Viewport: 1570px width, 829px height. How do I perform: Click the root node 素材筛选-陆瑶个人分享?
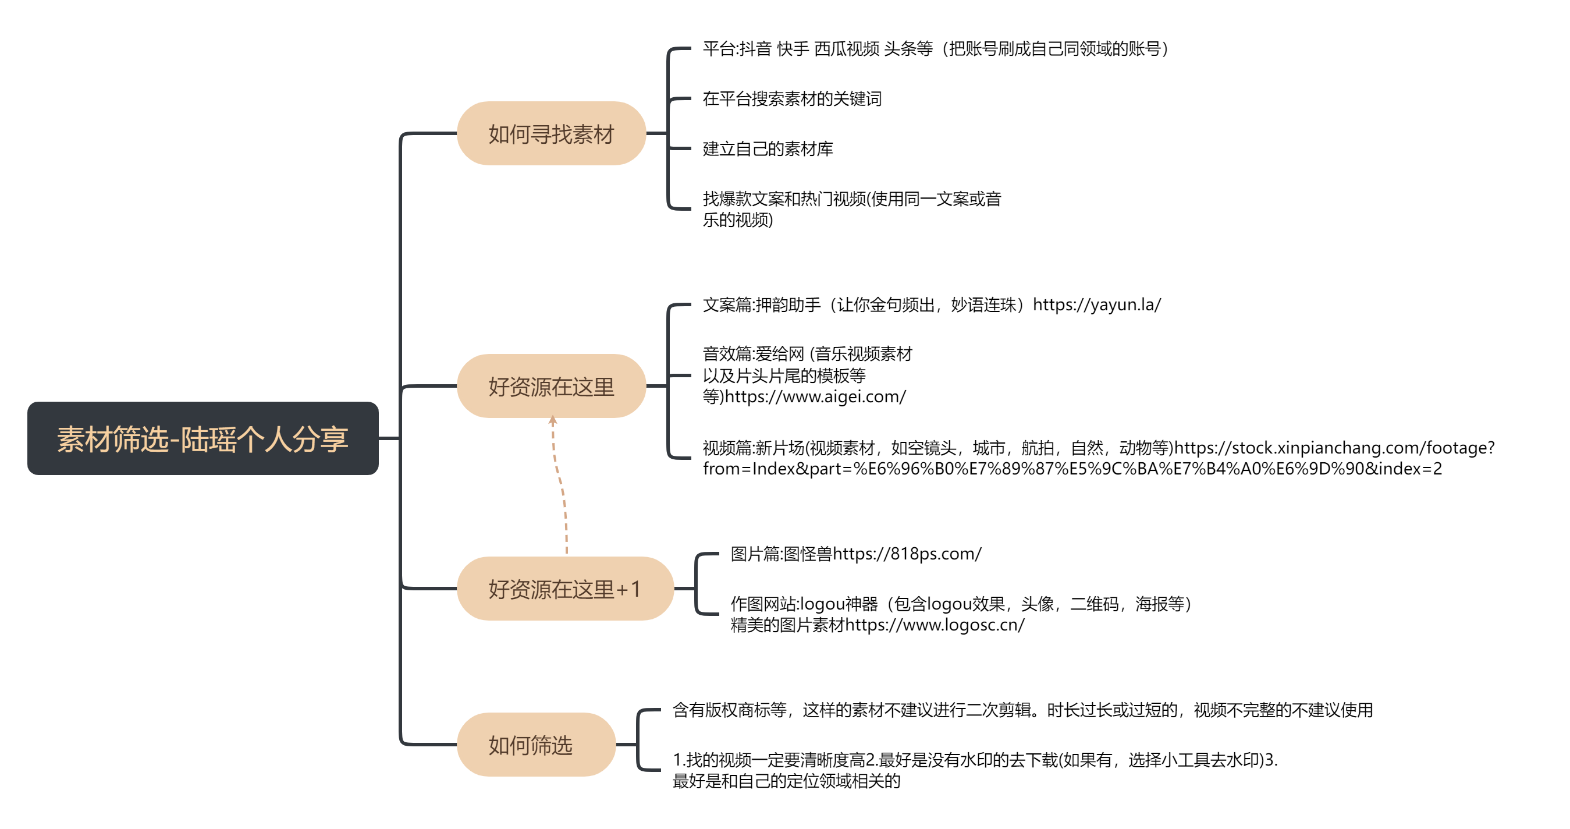coord(203,438)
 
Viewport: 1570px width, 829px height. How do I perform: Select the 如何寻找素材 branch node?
coord(551,133)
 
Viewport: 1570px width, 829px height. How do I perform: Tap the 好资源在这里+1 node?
coord(565,589)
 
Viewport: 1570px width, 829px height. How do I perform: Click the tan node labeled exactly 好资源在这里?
coord(551,386)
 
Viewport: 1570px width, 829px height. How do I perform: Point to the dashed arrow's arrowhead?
coord(553,420)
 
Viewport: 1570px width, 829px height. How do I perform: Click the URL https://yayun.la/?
coord(1096,305)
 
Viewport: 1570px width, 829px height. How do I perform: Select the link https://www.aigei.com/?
coord(815,397)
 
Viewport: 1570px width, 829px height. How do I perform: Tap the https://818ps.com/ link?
coord(907,554)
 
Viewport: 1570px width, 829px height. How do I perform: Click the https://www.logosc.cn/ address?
coord(935,625)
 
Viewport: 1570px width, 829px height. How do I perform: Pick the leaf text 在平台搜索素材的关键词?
coord(792,99)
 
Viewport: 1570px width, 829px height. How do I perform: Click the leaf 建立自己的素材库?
coord(768,148)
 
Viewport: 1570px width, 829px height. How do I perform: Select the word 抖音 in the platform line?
coord(756,49)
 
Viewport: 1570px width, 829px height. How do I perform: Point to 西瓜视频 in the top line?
coord(847,49)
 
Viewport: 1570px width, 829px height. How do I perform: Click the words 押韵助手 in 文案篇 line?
coord(788,305)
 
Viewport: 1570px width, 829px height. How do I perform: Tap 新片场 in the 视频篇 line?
coord(780,448)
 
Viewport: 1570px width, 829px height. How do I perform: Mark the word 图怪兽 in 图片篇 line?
coord(808,554)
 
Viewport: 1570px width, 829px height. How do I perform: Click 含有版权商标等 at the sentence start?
coord(729,710)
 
